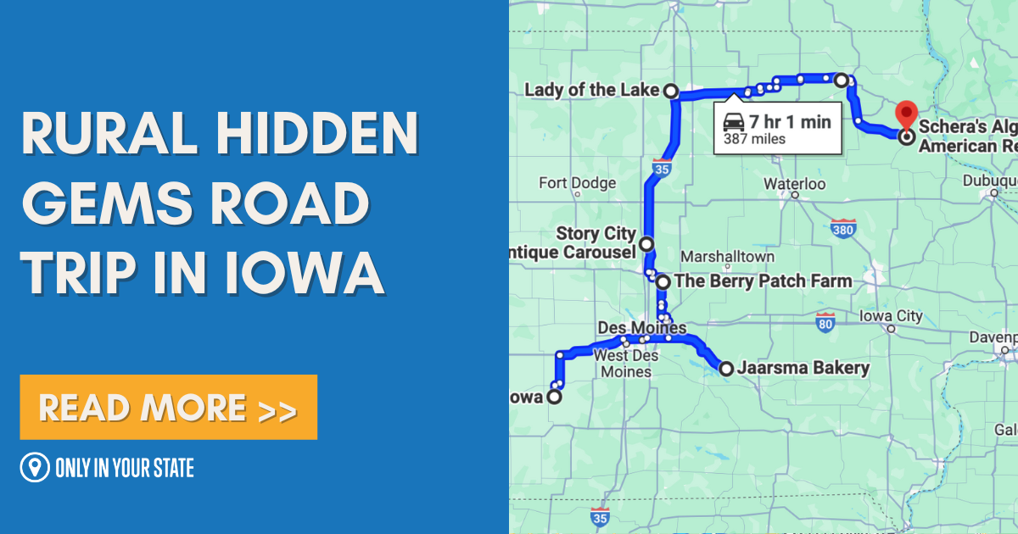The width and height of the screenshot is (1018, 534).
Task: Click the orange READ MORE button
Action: [x=168, y=408]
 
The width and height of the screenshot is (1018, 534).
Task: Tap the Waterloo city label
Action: [x=794, y=183]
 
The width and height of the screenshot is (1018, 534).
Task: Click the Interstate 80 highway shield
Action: [x=825, y=322]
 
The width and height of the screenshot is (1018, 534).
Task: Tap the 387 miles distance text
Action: [x=754, y=139]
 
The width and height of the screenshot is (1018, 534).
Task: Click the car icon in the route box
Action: [x=735, y=122]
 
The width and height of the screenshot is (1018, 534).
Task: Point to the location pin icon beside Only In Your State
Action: [x=34, y=467]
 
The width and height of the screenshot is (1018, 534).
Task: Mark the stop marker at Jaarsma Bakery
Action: [x=726, y=368]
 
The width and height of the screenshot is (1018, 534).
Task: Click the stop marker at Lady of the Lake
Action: [x=670, y=91]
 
